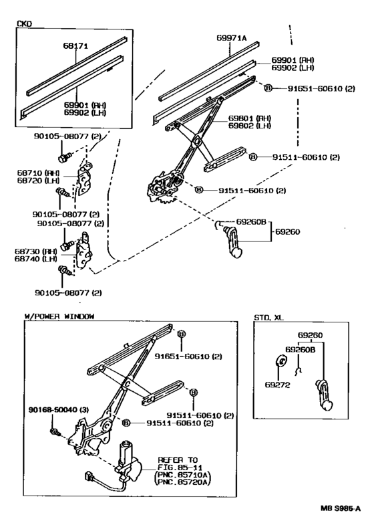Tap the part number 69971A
232,39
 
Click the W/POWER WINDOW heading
59,316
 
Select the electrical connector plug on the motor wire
87,477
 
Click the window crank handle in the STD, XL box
325,399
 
